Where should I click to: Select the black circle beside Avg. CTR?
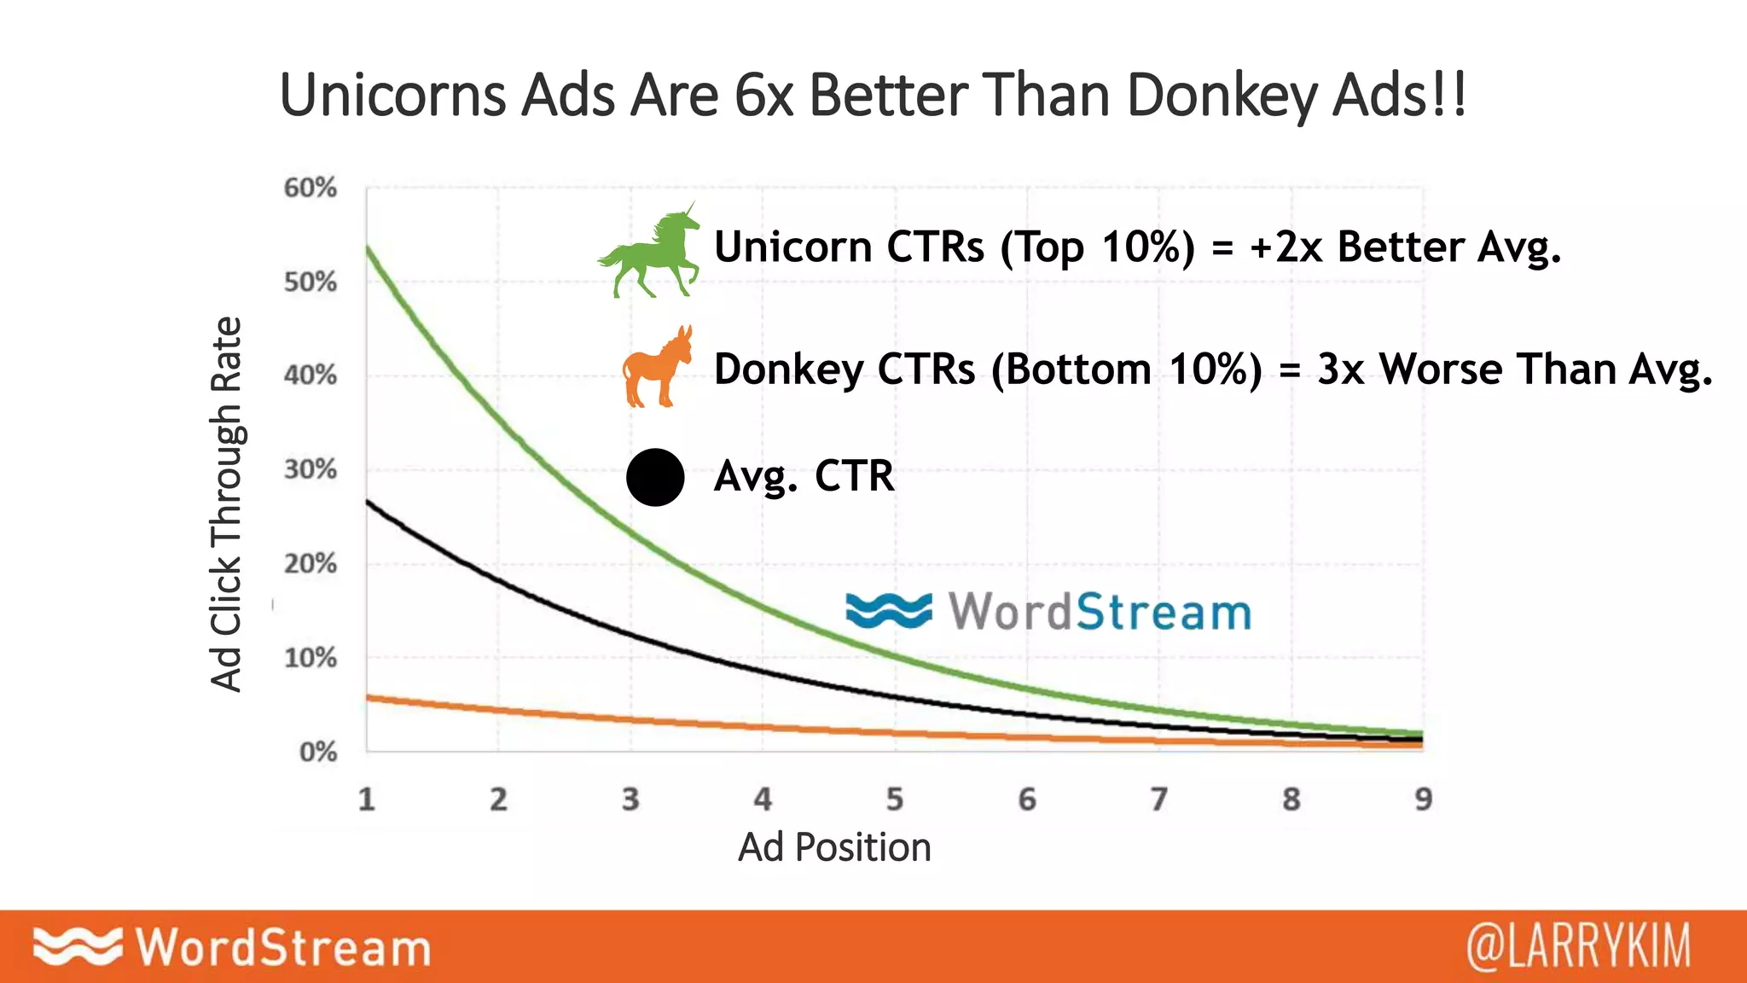[655, 477]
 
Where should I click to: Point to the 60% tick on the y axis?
[311, 188]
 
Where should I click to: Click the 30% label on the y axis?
[311, 469]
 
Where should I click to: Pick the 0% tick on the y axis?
[317, 753]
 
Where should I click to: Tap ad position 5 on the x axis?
[894, 800]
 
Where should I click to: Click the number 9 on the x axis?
[1423, 800]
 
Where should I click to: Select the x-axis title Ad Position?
[834, 847]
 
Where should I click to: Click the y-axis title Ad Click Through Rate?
[227, 503]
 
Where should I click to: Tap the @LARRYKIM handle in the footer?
[1578, 946]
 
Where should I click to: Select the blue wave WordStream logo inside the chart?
[1048, 612]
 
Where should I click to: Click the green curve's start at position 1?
[368, 247]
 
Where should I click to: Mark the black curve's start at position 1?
[368, 502]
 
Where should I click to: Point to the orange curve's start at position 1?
[368, 698]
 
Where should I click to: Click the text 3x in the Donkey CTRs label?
[1341, 369]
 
